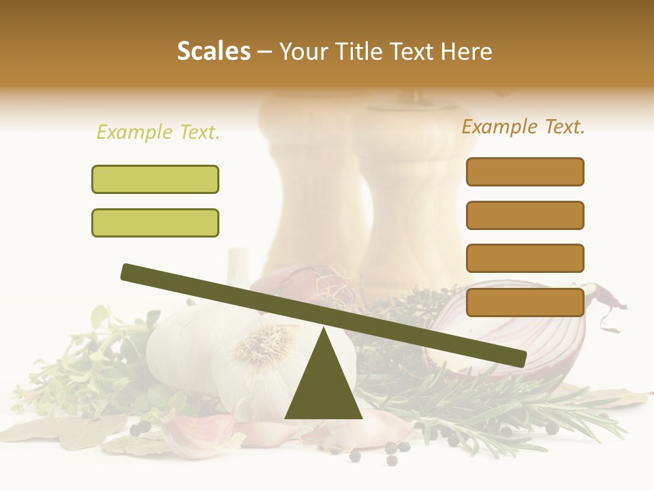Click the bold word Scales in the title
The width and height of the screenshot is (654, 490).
(x=213, y=51)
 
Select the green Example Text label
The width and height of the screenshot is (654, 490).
(x=158, y=133)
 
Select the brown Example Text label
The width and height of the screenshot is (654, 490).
(x=523, y=127)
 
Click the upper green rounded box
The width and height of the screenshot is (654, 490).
(x=155, y=179)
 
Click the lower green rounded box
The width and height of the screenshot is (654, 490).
(x=155, y=223)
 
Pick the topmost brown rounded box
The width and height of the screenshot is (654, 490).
(x=525, y=171)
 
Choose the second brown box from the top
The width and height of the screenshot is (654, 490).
(x=525, y=215)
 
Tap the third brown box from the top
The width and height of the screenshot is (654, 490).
(x=525, y=259)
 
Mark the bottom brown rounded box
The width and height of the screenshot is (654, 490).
(x=525, y=302)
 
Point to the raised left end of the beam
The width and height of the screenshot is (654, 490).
(x=129, y=272)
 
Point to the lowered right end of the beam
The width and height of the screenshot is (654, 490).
(x=518, y=358)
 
